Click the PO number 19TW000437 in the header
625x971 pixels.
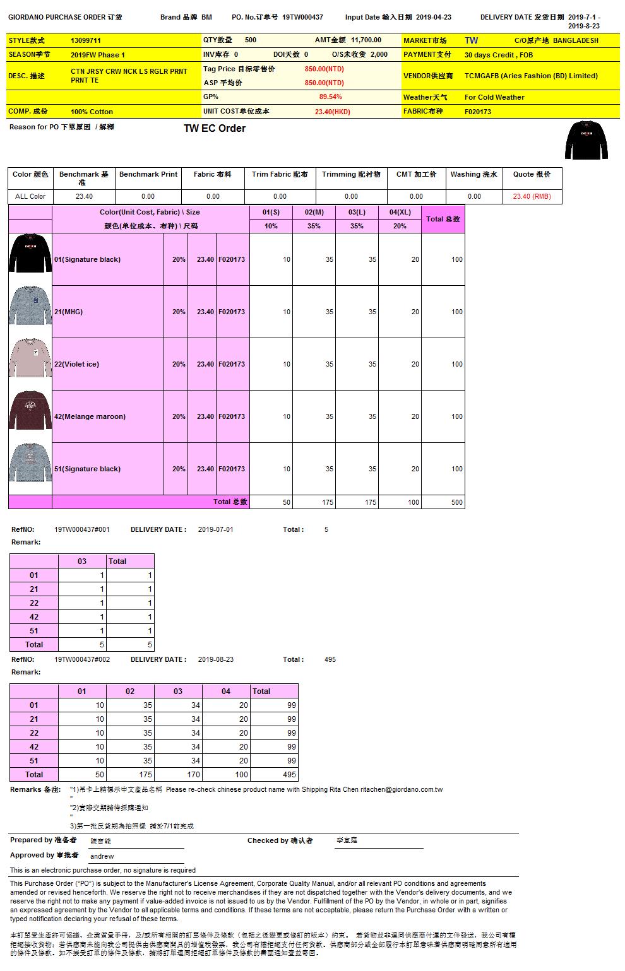tap(302, 17)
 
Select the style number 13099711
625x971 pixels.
tap(86, 40)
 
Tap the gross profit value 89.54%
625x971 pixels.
tap(330, 97)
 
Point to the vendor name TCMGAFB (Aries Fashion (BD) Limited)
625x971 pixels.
tap(531, 76)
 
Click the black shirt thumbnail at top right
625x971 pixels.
tap(586, 139)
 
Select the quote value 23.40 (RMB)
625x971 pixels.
tap(532, 196)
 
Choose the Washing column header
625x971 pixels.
tap(473, 174)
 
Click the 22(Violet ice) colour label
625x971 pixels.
tap(76, 364)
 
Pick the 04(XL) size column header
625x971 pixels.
tap(400, 212)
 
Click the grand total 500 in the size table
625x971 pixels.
tap(456, 502)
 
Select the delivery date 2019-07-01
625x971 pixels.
tap(215, 529)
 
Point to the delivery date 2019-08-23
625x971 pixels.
tap(215, 659)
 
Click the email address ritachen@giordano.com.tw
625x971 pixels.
tap(402, 789)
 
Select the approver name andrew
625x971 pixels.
tap(102, 856)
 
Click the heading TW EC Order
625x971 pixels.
tap(214, 129)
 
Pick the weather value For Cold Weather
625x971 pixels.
tap(494, 97)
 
